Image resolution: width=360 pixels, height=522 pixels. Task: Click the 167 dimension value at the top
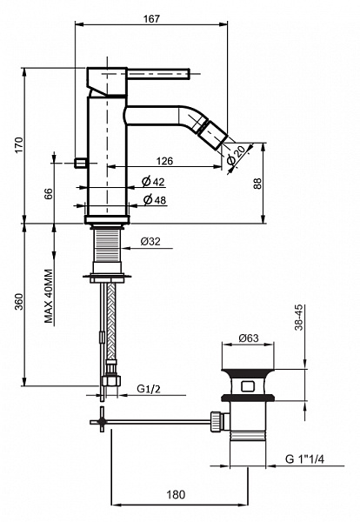tap(151, 18)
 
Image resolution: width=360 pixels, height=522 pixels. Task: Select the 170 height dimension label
tap(19, 144)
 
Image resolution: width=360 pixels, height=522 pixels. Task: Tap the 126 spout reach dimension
tap(164, 161)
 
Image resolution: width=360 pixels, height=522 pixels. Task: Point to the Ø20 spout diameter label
tap(237, 156)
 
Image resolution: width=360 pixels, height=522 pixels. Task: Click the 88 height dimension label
tap(258, 184)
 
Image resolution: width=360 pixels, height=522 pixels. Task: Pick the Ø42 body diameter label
tap(153, 182)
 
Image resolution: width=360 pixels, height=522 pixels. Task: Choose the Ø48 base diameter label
tap(155, 200)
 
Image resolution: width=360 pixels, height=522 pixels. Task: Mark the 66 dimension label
tap(49, 194)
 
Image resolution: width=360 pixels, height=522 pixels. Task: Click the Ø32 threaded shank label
tap(150, 241)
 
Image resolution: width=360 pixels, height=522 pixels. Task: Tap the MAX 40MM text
tap(49, 297)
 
